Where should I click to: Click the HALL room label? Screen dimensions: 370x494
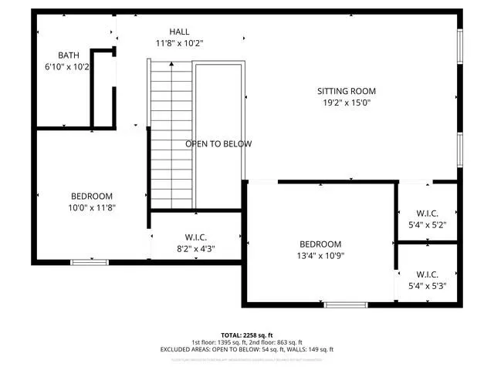coord(179,32)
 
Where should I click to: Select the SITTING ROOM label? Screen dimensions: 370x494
coord(346,91)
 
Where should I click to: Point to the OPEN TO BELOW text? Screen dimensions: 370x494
coord(218,144)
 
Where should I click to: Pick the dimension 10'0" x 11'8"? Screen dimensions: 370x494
coord(92,207)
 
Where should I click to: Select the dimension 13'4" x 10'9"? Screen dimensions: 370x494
coord(320,256)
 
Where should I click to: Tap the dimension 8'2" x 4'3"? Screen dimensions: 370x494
coord(195,249)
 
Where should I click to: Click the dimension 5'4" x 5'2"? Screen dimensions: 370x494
coord(427,225)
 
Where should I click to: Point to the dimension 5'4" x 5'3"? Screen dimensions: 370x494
coord(427,286)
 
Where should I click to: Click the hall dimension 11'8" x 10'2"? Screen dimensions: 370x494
coord(179,43)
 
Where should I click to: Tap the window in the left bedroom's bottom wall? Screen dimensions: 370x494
coord(90,263)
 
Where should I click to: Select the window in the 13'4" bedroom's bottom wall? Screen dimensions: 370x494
coord(343,305)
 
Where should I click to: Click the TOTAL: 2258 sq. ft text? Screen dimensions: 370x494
coord(247,335)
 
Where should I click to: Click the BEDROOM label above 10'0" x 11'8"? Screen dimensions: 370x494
coord(92,196)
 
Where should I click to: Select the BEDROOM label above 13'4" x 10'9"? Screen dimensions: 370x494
coord(320,244)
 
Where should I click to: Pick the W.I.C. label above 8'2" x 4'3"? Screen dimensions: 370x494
coord(195,237)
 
